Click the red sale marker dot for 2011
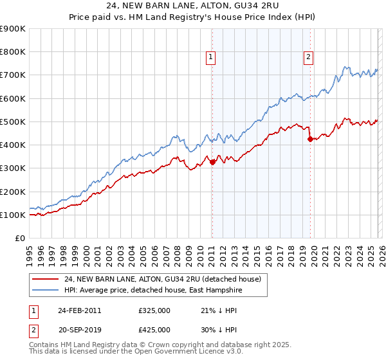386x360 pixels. click(212, 163)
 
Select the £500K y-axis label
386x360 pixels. click(13, 122)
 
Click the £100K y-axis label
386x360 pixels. click(13, 215)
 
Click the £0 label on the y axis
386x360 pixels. click(19, 238)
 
